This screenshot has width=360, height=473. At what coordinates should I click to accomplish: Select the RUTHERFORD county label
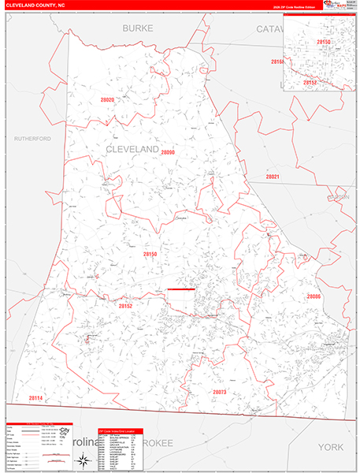[x=32, y=138]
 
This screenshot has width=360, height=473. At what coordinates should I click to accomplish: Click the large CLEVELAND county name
[x=132, y=149]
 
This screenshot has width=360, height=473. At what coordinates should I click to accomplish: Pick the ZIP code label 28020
[x=108, y=100]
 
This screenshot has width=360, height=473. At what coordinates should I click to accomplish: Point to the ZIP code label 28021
[x=273, y=177]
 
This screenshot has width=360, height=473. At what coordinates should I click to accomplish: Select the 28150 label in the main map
[x=150, y=254]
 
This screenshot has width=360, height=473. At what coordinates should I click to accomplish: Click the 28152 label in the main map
[x=126, y=305]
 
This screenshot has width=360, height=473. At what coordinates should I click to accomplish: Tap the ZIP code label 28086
[x=314, y=296]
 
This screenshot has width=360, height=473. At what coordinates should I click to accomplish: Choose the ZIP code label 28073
[x=219, y=392]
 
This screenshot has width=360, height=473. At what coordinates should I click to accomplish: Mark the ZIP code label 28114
[x=35, y=398]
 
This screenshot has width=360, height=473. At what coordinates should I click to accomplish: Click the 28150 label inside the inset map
[x=324, y=41]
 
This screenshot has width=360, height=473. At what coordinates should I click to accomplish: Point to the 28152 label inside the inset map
[x=310, y=82]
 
